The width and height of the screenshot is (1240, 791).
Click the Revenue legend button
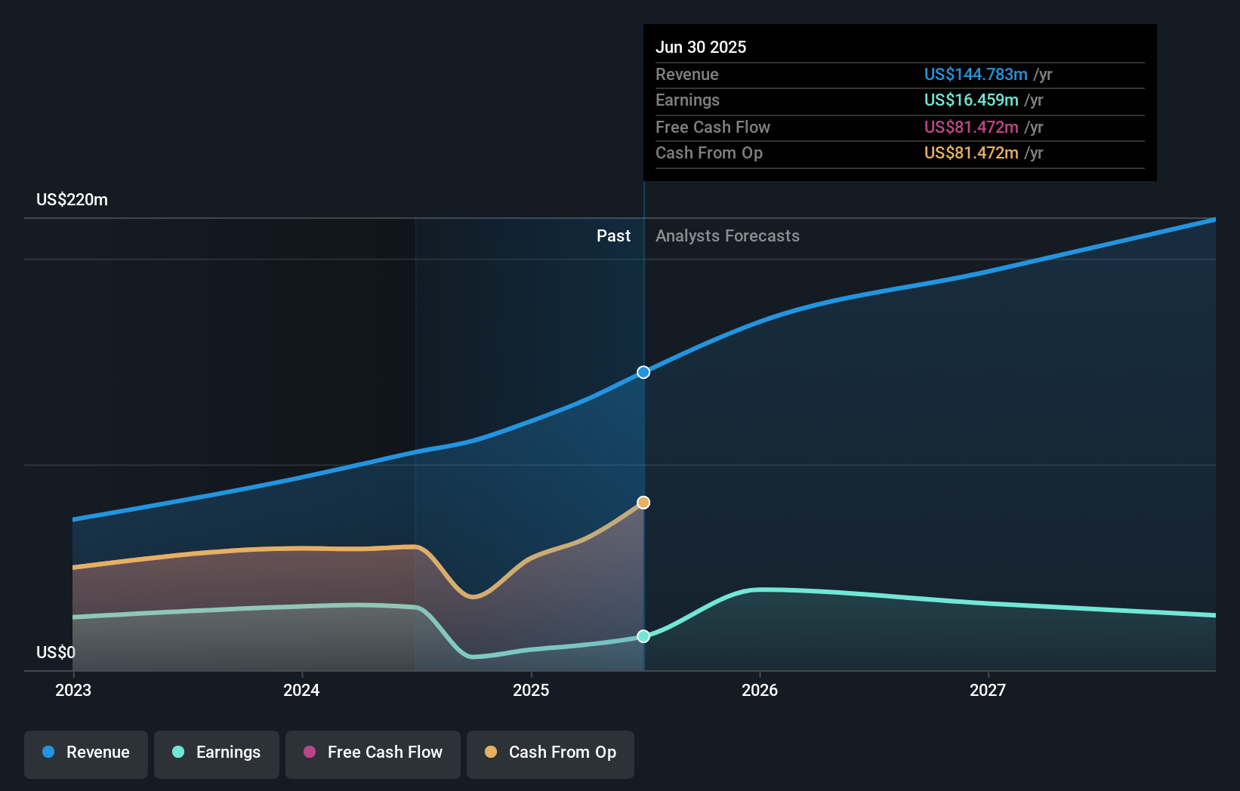86,753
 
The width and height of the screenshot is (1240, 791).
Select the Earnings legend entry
217,753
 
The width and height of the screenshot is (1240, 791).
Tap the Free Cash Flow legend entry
373,753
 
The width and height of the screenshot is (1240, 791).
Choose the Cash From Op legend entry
551,753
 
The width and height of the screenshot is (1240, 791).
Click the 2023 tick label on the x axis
73,690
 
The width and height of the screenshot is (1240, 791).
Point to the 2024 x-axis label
301,690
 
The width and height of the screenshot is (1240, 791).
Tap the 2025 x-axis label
531,690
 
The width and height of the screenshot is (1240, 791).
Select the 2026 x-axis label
760,690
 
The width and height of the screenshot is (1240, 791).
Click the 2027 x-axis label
988,690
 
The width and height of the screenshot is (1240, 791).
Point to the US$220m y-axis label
72,200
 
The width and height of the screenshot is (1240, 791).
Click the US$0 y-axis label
56,652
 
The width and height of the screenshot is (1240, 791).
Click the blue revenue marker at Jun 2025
643,372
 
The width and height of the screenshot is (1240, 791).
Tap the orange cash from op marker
643,503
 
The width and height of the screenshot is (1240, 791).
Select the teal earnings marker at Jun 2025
643,636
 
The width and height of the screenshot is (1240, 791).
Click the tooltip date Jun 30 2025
701,47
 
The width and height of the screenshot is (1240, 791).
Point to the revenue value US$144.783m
976,74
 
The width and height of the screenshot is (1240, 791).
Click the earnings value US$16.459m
971,100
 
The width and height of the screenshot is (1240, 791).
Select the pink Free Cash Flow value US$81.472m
971,127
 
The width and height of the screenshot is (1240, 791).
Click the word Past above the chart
613,235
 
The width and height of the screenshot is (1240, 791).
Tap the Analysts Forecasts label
727,235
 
